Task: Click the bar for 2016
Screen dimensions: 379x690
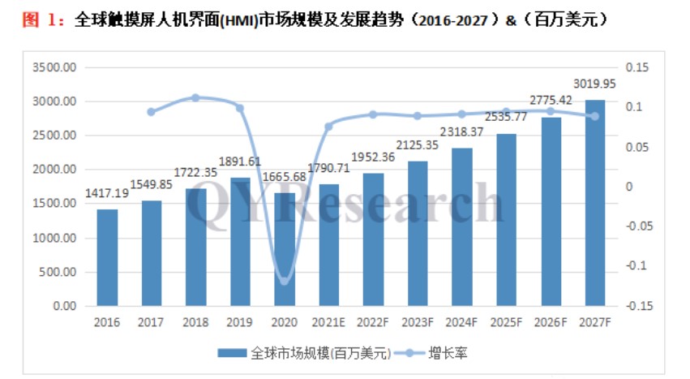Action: coord(107,258)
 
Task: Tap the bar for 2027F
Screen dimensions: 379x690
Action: coord(595,203)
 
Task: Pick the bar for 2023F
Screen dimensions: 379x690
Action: coord(418,234)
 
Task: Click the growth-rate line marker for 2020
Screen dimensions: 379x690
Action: coord(285,280)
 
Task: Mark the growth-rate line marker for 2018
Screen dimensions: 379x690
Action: coord(195,97)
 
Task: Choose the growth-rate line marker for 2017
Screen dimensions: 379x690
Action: coord(152,112)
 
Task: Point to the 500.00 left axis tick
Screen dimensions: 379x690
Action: coord(57,273)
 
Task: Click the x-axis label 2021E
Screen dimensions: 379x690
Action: coord(329,323)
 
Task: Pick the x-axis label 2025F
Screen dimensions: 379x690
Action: coord(507,323)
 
